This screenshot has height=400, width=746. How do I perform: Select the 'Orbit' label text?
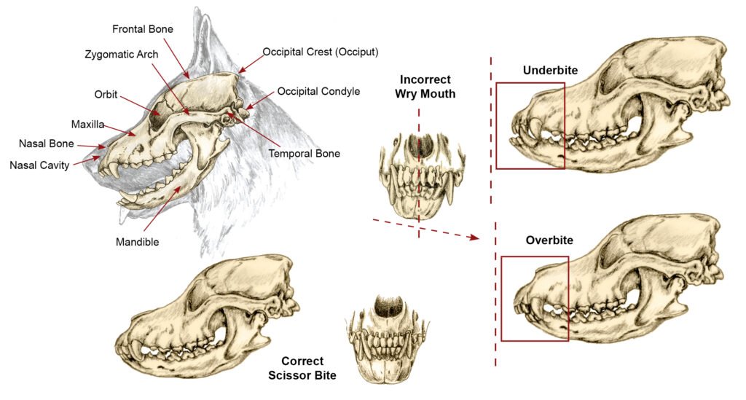click(106, 95)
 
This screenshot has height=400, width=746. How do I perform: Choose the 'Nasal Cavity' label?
click(39, 165)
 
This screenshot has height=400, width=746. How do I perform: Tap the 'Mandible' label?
click(138, 240)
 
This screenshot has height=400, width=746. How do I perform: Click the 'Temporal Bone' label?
click(305, 154)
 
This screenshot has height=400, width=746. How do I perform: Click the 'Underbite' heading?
click(550, 71)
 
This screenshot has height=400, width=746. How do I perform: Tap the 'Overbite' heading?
click(549, 240)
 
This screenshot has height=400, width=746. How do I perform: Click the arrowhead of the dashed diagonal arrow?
click(476, 238)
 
